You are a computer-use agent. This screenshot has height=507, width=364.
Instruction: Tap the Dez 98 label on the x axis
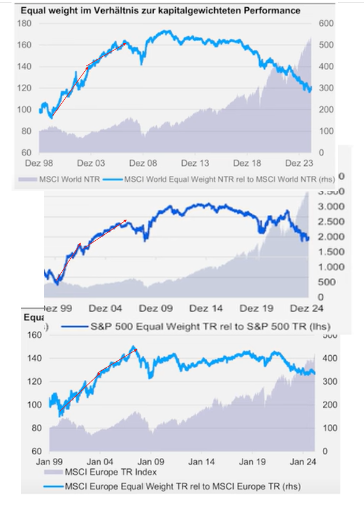[40, 164]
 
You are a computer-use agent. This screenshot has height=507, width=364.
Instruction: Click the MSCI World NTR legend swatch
[27, 179]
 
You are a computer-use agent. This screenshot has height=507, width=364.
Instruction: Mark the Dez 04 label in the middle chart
[107, 307]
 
